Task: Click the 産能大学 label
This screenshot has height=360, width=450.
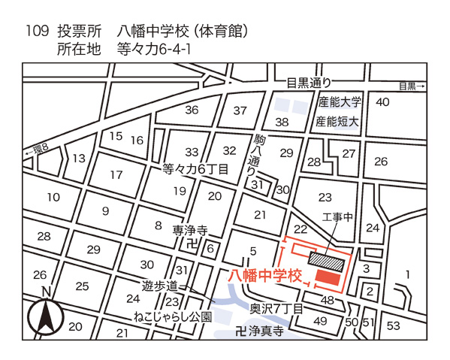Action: (x=340, y=102)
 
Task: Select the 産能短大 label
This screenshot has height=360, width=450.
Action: (x=340, y=121)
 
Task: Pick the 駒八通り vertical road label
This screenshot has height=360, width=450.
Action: (x=251, y=156)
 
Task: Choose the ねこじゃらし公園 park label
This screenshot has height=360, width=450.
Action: (x=173, y=316)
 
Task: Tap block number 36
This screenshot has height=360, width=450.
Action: (x=192, y=110)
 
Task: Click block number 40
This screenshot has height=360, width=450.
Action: (x=382, y=102)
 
